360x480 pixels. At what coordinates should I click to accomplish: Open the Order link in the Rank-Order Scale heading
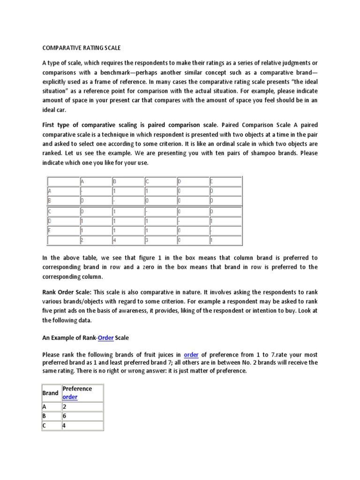[105, 338]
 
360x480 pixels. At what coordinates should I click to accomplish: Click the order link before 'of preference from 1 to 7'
[191, 354]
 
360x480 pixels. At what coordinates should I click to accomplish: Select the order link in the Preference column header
[70, 397]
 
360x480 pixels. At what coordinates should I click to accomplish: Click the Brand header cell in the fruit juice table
[51, 393]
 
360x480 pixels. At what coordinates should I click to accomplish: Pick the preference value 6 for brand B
[65, 416]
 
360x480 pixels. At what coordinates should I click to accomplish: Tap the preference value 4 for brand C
[65, 426]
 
